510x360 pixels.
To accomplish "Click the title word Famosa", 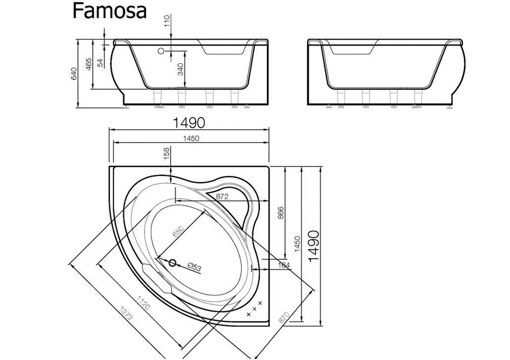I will (x=110, y=11).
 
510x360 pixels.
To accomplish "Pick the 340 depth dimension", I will (x=180, y=69).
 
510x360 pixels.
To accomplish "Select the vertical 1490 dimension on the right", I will (x=314, y=246).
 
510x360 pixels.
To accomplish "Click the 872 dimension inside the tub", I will (x=222, y=197).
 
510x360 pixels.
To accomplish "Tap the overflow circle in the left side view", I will (x=161, y=52).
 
